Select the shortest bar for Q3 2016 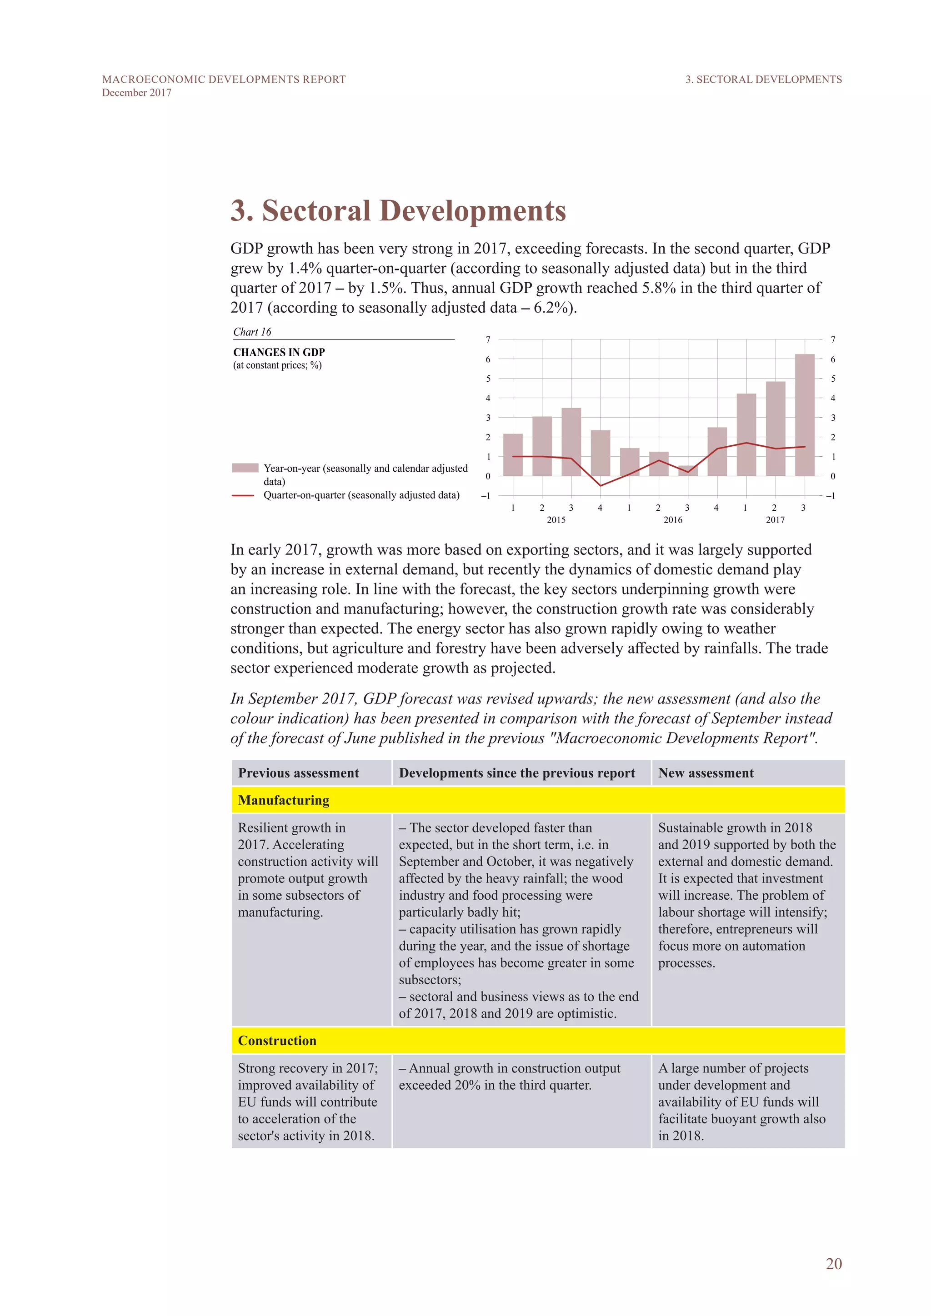pyautogui.click(x=687, y=471)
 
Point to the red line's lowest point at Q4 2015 pyautogui.click(x=600, y=485)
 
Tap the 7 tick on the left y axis pyautogui.click(x=488, y=340)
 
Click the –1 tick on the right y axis pyautogui.click(x=831, y=496)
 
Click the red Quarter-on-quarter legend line pyautogui.click(x=243, y=495)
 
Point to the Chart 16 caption pyautogui.click(x=252, y=332)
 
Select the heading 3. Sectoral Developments pyautogui.click(x=398, y=210)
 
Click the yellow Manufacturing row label pyautogui.click(x=284, y=800)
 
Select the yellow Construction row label pyautogui.click(x=277, y=1040)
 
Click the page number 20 pyautogui.click(x=834, y=1264)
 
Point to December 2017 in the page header pyautogui.click(x=136, y=93)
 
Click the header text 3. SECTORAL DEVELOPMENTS pyautogui.click(x=764, y=80)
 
